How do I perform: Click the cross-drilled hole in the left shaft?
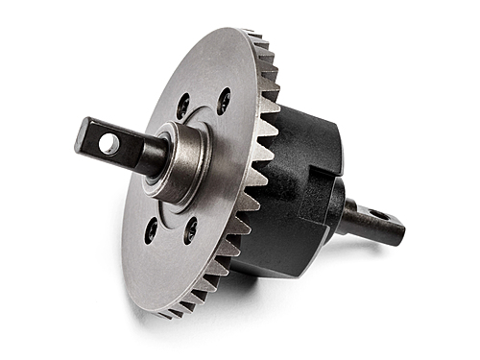pos(109,145)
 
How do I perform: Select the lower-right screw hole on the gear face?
pos(190,230)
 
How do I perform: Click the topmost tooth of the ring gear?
pos(252,36)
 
